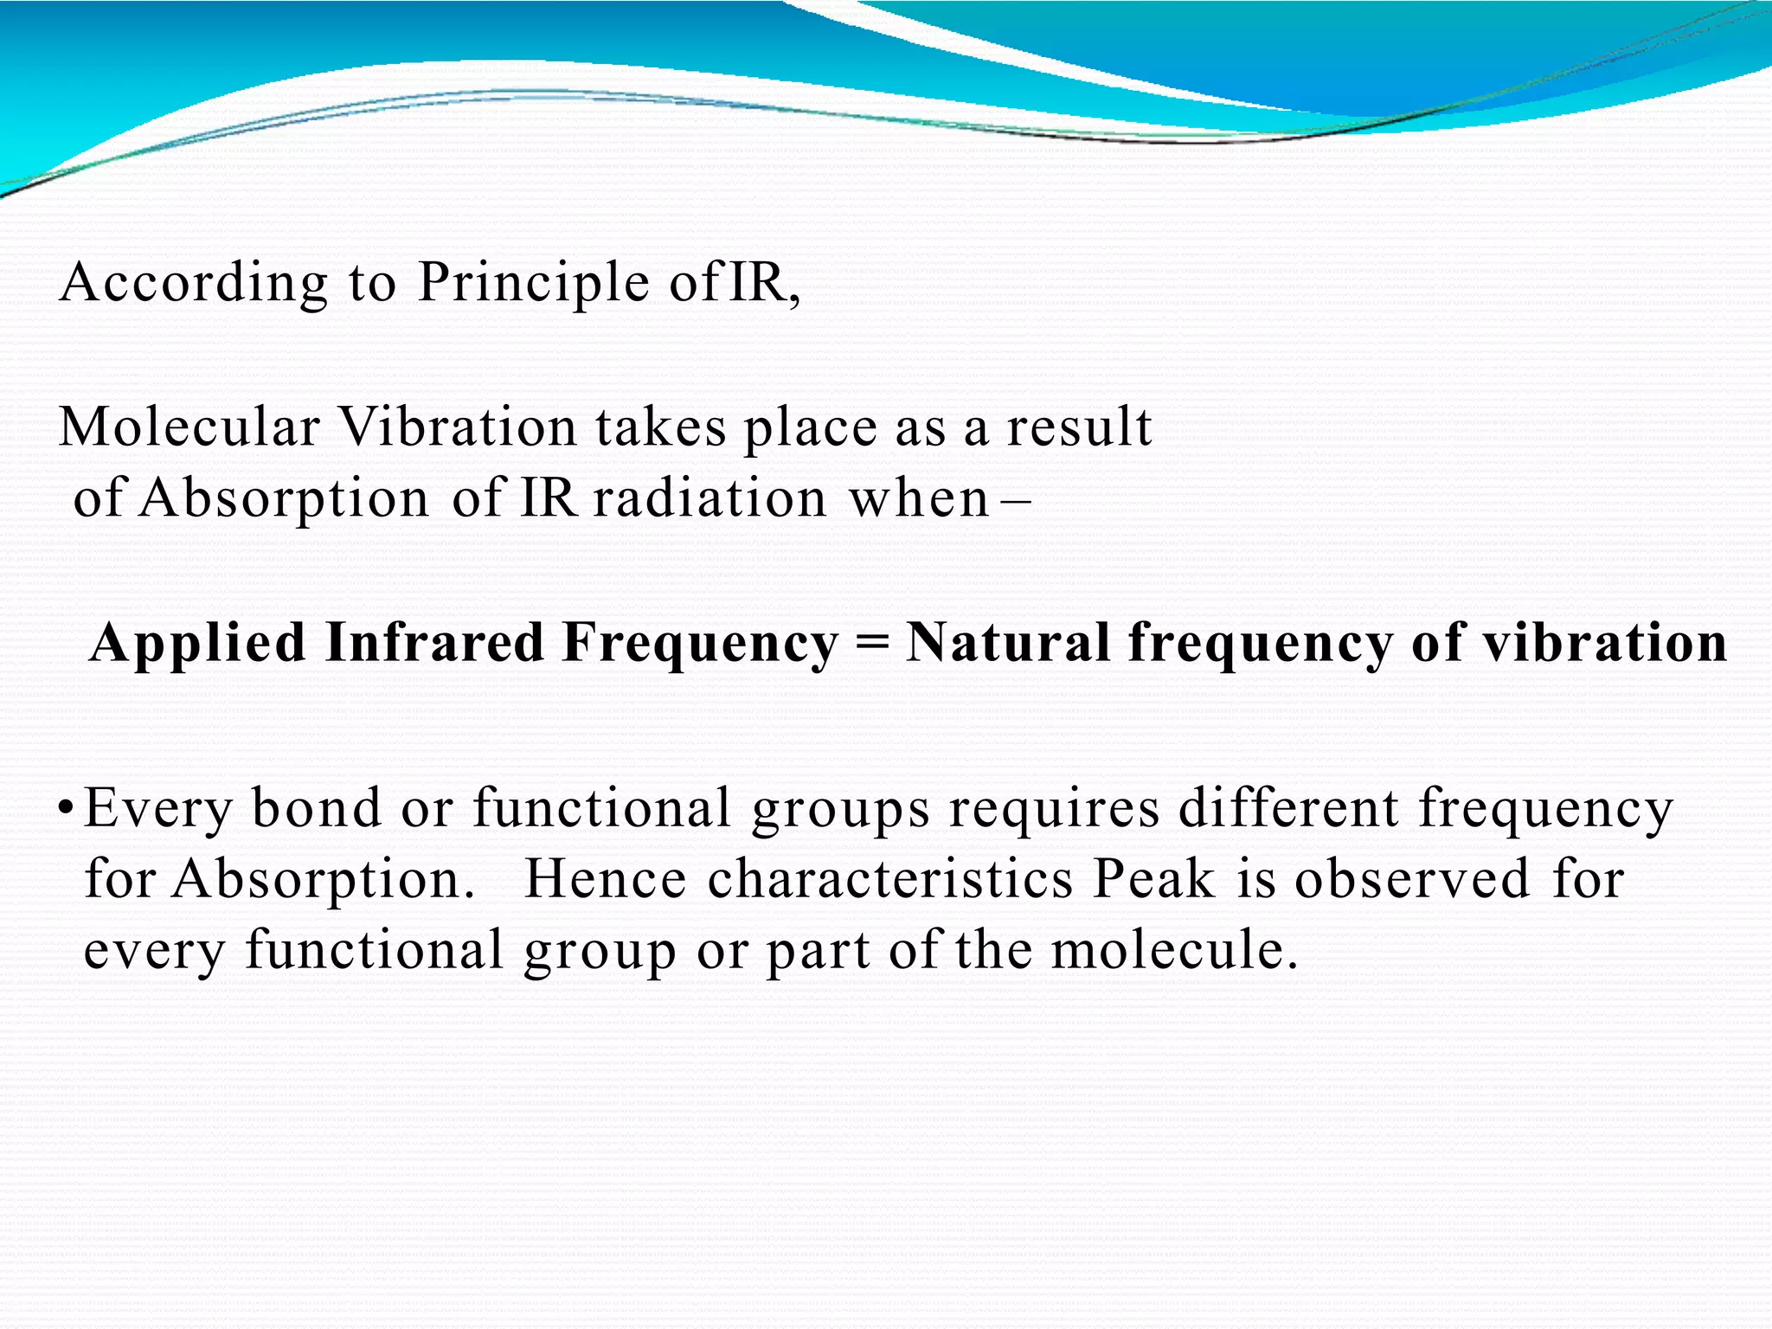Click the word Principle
(x=533, y=284)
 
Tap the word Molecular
(x=189, y=427)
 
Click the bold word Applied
(x=198, y=645)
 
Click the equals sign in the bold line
(x=871, y=645)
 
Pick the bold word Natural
(x=1008, y=643)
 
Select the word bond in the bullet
(x=317, y=808)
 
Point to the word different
(x=1288, y=808)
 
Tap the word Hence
(x=606, y=880)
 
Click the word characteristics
(x=890, y=880)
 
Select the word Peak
(x=1153, y=880)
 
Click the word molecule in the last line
(x=1173, y=950)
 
